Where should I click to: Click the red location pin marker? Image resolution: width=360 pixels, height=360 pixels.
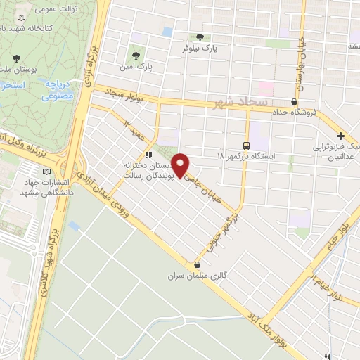(181, 165)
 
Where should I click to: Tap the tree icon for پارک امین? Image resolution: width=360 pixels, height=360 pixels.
(133, 52)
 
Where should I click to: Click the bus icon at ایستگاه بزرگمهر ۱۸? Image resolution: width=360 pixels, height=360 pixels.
(246, 140)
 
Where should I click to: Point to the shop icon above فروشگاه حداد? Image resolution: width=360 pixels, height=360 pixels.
(294, 101)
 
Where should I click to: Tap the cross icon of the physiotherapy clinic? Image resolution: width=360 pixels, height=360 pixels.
(340, 136)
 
